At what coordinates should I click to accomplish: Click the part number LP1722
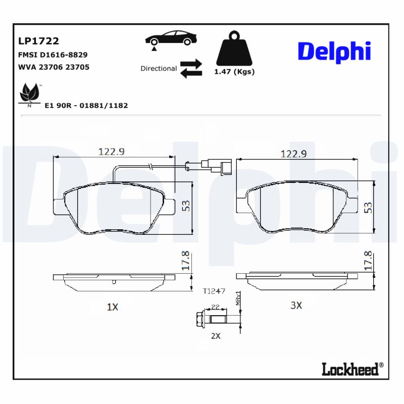pos(39,41)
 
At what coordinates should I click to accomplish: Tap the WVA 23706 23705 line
pos(54,67)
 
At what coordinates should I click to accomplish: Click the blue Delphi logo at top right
pos(334,52)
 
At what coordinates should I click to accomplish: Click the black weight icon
pos(234,49)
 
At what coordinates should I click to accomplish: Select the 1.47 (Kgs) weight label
pos(234,72)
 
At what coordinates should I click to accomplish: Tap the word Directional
pos(159,68)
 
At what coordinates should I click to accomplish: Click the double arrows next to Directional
pos(191,68)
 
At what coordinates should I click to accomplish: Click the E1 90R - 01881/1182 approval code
pos(86,106)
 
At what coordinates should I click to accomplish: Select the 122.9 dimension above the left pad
pos(111,151)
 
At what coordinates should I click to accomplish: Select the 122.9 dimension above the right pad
pos(294,154)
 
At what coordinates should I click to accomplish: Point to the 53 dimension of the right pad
pos(368,207)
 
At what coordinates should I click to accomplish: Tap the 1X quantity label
pos(112,307)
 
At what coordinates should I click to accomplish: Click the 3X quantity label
pos(296,305)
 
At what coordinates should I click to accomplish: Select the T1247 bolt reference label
pos(214,291)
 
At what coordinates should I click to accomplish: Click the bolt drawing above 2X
pos(215,319)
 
